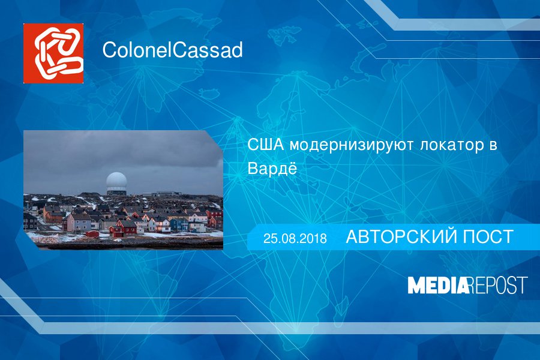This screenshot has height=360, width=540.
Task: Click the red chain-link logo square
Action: click(53, 53)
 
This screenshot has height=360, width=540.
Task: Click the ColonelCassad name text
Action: click(173, 50)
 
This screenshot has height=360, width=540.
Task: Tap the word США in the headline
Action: click(266, 145)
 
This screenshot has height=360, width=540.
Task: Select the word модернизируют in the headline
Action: click(351, 146)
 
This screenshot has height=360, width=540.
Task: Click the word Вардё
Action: click(272, 169)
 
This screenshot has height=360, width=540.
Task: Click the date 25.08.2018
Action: click(295, 238)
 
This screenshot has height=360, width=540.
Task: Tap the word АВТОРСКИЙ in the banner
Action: click(401, 237)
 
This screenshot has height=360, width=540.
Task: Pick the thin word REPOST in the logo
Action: click(498, 285)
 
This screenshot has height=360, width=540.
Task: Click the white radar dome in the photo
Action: click(116, 181)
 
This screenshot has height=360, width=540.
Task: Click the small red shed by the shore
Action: click(92, 234)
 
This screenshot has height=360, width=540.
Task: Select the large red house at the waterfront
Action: click(122, 228)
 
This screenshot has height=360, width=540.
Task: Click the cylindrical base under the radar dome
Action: click(116, 191)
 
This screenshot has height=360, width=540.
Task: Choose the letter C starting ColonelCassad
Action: click(109, 50)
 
